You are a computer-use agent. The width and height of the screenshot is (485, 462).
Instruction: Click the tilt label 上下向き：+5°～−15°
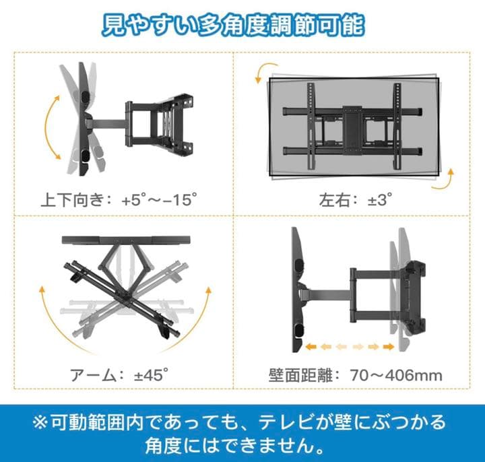[x=121, y=200]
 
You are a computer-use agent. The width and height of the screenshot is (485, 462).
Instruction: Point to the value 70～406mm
[x=395, y=374]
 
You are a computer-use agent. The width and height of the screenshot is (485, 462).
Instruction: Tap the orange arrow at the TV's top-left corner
[x=259, y=72]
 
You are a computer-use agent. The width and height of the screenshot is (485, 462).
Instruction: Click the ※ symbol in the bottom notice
[x=40, y=424]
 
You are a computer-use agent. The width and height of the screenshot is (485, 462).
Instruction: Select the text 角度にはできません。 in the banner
[x=232, y=446]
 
